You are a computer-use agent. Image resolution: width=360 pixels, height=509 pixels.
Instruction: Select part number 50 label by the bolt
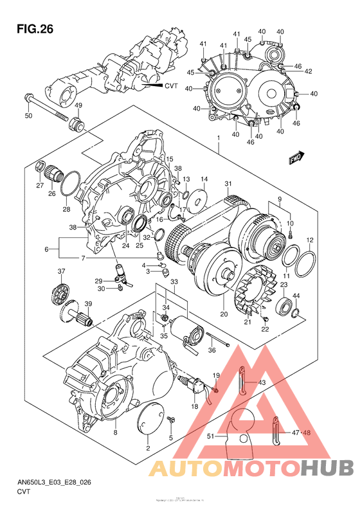pos(28,116)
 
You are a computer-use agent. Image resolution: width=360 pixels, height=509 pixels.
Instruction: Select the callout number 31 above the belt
pos(228,185)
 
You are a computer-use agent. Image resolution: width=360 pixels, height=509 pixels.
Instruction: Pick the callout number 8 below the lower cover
pos(115,433)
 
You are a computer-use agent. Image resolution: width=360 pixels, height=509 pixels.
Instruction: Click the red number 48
pos(307,433)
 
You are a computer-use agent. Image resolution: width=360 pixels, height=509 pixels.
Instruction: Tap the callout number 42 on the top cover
pos(308,71)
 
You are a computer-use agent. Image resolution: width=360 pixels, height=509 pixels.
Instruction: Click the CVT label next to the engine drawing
pos(170,85)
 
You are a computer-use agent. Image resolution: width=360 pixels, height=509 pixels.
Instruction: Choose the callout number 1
pos(219,138)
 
